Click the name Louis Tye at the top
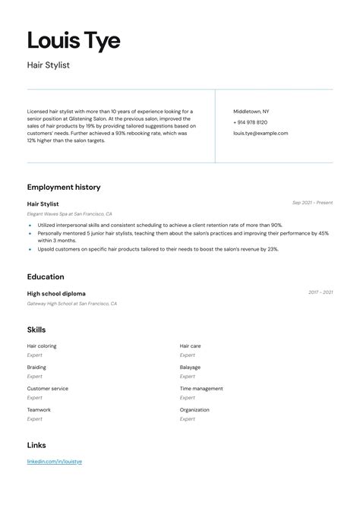(74, 40)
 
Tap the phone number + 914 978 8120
(250, 122)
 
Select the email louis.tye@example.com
(261, 133)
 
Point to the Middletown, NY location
(251, 112)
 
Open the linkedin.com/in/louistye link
(55, 462)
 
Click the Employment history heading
(64, 187)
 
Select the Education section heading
(46, 277)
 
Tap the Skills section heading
(36, 330)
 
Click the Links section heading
(36, 445)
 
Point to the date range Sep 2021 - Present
(312, 203)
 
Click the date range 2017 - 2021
(320, 292)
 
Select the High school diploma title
(56, 293)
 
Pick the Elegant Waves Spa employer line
(69, 214)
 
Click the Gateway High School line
(72, 304)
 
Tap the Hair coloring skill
(42, 346)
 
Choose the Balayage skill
(190, 368)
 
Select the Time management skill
(201, 389)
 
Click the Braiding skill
(37, 368)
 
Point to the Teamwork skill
(39, 410)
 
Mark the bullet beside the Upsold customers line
(30, 249)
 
